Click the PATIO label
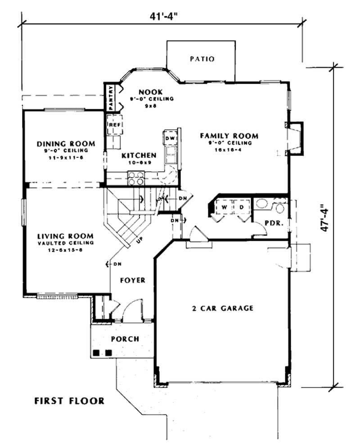[x=202, y=59]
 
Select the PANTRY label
[x=111, y=98]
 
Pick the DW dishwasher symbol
[x=170, y=138]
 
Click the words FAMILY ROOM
[x=229, y=135]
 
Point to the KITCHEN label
[x=139, y=156]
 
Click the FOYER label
[x=132, y=280]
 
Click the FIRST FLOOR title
[x=69, y=401]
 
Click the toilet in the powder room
[x=280, y=208]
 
